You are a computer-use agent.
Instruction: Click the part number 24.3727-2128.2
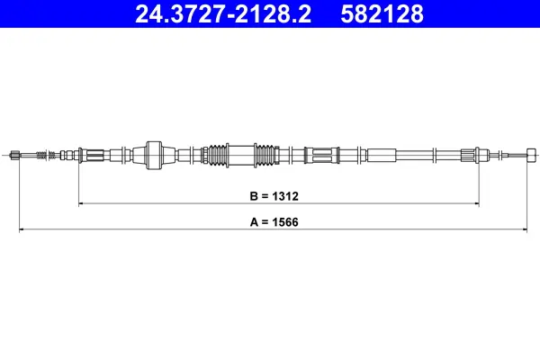[223, 13]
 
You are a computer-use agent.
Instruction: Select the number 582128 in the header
[382, 13]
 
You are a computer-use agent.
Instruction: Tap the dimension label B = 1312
[274, 196]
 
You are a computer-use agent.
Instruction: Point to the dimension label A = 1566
[274, 222]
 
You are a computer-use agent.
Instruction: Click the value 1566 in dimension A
[285, 222]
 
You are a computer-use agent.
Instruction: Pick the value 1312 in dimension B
[285, 196]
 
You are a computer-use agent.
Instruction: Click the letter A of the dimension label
[254, 222]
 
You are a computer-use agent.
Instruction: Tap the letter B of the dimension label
[254, 196]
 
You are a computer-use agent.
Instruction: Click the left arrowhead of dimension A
[22, 229]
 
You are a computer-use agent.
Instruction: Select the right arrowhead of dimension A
[525, 229]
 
